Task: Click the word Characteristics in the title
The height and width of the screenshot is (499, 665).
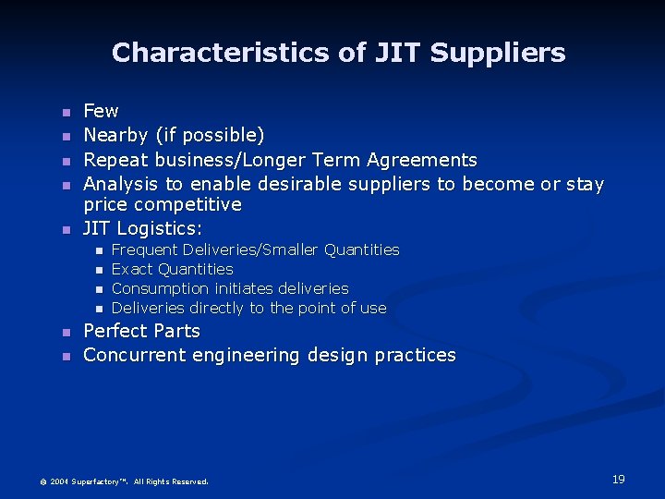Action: pos(222,53)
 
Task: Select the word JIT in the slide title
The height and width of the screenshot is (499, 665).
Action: pos(397,53)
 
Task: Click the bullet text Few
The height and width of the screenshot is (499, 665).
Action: pos(101,111)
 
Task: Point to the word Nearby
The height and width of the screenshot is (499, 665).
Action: pos(115,136)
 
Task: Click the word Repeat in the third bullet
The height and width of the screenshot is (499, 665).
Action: pos(115,160)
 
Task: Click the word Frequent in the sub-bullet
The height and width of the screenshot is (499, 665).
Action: pos(145,249)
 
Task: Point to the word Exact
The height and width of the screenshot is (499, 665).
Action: pos(132,269)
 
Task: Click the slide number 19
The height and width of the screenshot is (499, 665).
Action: pos(618,479)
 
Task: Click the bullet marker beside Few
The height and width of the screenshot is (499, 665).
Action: pos(65,112)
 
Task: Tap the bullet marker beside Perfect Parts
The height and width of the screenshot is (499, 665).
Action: pos(65,332)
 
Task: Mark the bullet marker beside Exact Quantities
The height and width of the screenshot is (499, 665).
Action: pos(97,270)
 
